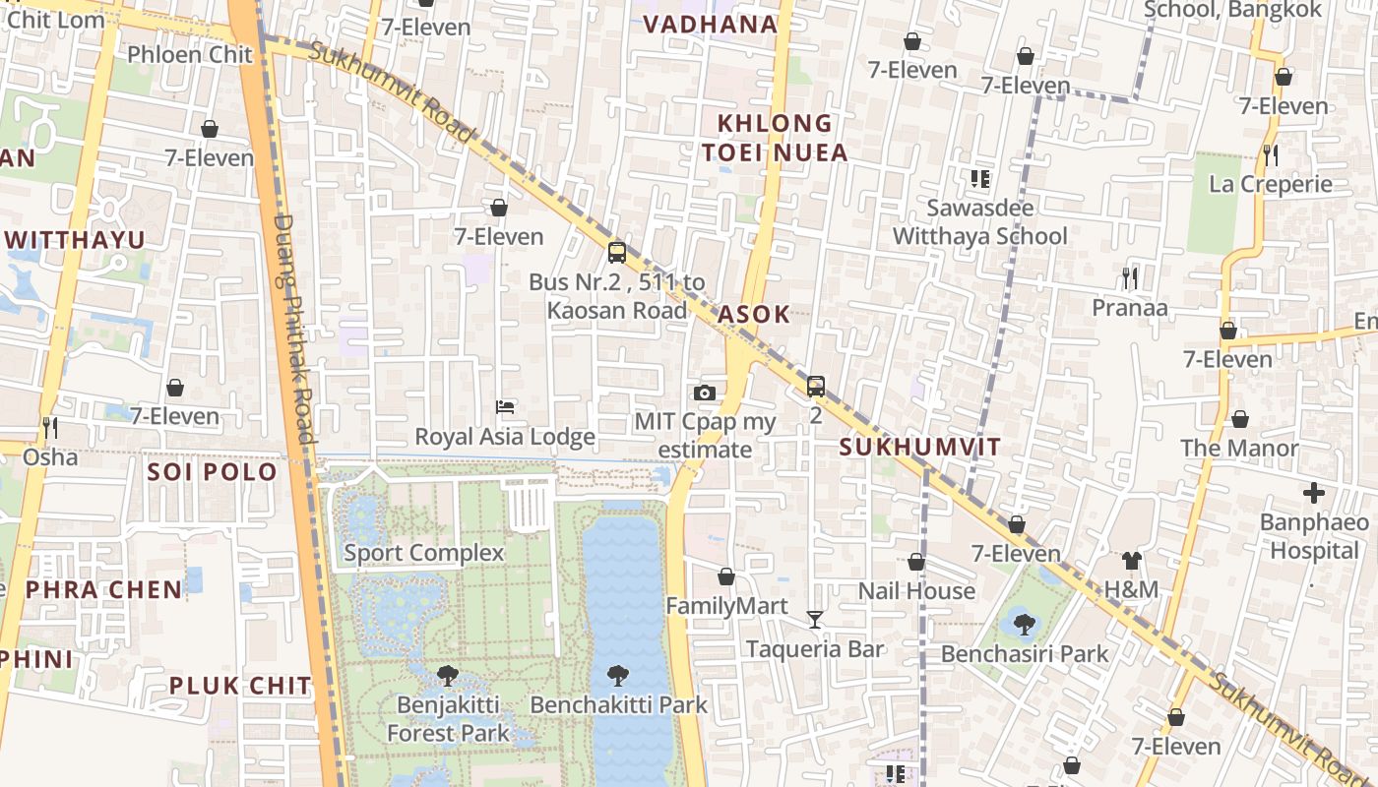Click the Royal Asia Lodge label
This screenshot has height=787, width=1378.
tap(505, 436)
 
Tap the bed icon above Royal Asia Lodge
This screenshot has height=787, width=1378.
tap(505, 406)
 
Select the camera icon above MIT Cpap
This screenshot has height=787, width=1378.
tap(704, 393)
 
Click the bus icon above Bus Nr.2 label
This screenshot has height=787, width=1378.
tap(617, 253)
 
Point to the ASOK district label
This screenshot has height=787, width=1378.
tap(754, 314)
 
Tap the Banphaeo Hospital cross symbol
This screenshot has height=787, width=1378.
tap(1314, 493)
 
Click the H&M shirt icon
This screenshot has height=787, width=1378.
tap(1132, 561)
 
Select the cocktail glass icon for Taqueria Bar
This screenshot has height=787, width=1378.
tap(815, 619)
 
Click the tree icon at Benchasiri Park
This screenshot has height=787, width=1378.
tap(1024, 624)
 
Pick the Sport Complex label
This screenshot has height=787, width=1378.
tap(424, 553)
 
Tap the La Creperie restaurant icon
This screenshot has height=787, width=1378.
tap(1271, 154)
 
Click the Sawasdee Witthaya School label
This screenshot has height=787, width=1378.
tap(979, 222)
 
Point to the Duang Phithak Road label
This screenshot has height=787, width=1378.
tap(293, 330)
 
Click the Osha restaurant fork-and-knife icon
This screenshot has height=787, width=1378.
tap(50, 427)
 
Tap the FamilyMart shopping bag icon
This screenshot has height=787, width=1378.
tap(726, 576)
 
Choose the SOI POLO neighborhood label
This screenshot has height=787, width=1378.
tap(213, 471)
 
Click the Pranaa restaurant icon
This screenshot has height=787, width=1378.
tap(1130, 278)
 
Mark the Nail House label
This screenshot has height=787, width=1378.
tap(916, 590)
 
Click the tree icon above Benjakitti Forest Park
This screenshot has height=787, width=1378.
tap(448, 675)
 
